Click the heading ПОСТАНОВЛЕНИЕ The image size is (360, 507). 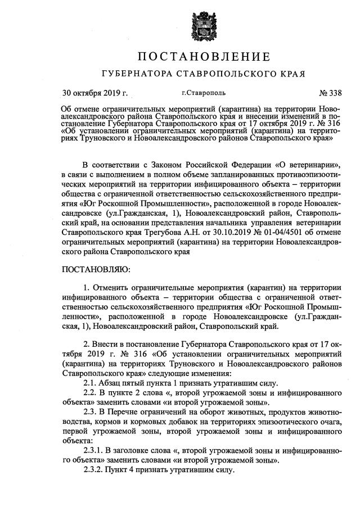click(x=204, y=56)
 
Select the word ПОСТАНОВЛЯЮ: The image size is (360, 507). click(x=96, y=270)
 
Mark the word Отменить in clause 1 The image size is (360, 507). click(x=112, y=288)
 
